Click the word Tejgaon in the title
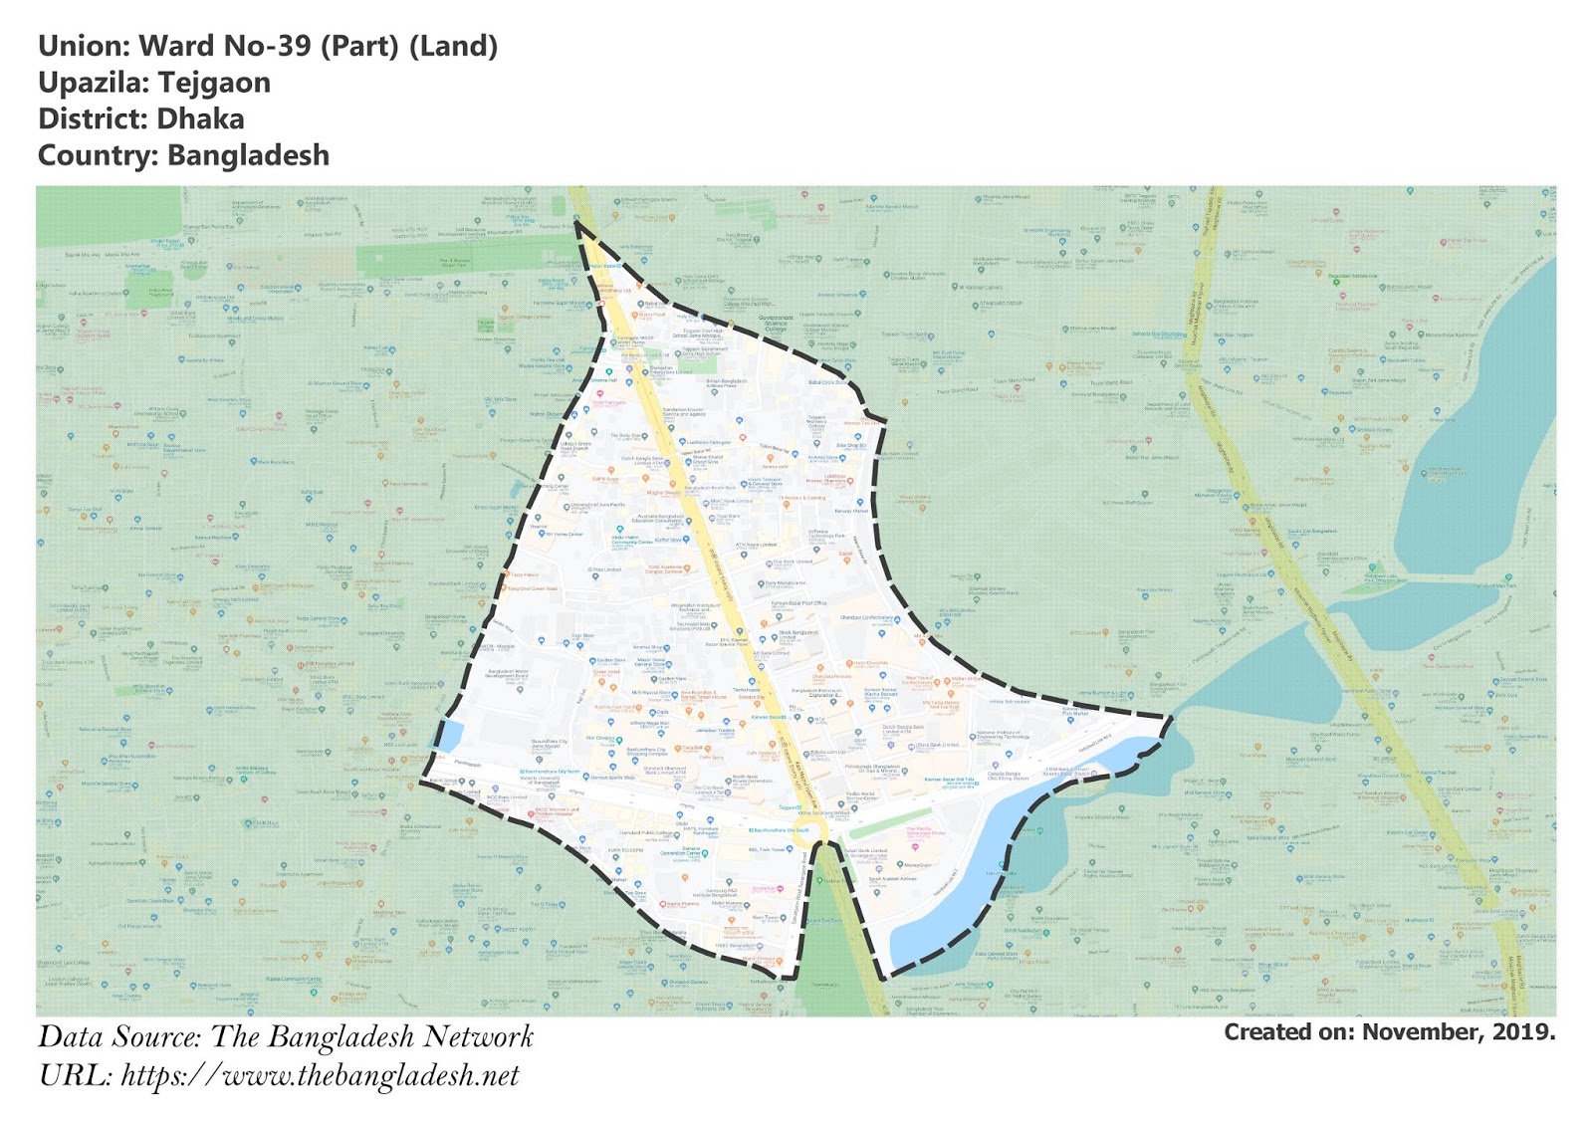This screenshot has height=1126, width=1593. [x=214, y=83]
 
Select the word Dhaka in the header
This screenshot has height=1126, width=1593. [x=200, y=119]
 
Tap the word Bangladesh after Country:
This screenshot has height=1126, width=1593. [x=248, y=156]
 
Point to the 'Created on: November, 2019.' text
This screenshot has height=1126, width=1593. [x=1389, y=1032]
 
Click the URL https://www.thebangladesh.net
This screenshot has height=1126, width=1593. [x=320, y=1076]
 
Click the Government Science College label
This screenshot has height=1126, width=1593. [x=776, y=324]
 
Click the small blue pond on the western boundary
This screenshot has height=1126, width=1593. [x=447, y=736]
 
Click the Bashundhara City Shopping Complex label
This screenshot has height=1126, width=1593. [x=647, y=752]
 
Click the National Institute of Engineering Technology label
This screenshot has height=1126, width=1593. [x=1003, y=736]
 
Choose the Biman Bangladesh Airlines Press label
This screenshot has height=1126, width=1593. [x=727, y=383]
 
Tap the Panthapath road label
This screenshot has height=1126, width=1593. [x=468, y=765]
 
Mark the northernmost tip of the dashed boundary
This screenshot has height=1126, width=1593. [x=576, y=223]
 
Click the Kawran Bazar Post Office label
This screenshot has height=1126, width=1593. [x=799, y=603]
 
